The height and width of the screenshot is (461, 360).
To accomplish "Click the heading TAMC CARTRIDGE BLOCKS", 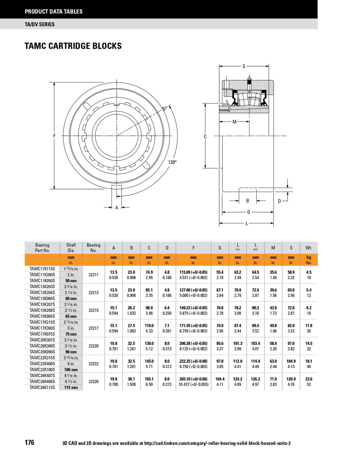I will [73, 46].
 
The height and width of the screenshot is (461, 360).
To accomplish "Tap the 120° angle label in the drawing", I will [172, 162].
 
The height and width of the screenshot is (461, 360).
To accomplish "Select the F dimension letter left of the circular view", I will [54, 136].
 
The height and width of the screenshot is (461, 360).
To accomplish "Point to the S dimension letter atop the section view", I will [244, 66].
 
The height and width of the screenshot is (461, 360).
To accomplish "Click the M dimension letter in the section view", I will [234, 122].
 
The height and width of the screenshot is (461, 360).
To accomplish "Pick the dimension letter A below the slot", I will [117, 207].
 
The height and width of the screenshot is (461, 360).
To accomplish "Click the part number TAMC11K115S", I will [42, 269].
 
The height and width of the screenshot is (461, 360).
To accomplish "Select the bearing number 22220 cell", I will [93, 346].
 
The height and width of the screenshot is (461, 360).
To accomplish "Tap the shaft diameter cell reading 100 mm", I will [71, 370].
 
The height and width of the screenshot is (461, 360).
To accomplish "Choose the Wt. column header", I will [309, 248].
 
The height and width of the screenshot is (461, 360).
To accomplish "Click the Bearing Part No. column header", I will [42, 248].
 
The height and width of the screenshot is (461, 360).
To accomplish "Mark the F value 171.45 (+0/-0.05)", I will [193, 326].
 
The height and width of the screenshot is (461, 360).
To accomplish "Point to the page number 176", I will [30, 443].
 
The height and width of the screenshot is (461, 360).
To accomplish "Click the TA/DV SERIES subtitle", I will [40, 24].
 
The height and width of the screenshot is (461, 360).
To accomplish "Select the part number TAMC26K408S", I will [42, 381].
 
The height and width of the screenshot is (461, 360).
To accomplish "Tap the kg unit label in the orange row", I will [309, 258].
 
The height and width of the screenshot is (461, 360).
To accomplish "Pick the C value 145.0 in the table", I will [149, 361].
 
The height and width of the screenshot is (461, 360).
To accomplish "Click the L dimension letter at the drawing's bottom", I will [247, 224].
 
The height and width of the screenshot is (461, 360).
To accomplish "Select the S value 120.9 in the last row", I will [291, 379].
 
